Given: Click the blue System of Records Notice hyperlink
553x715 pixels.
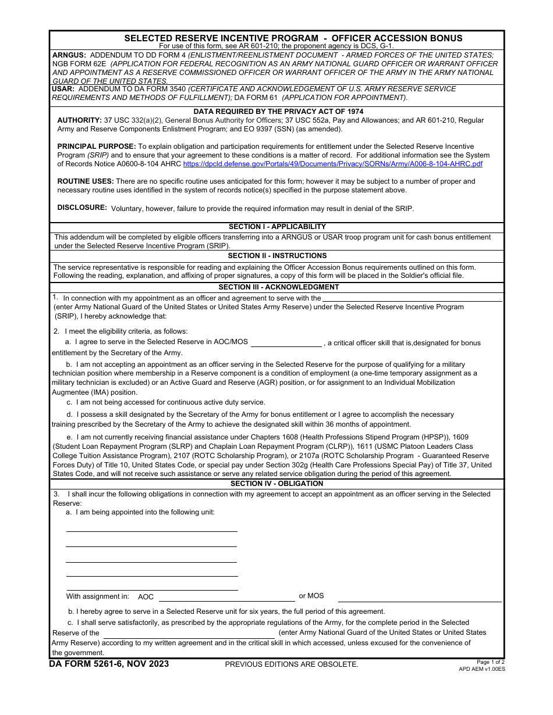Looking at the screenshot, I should coord(332,164).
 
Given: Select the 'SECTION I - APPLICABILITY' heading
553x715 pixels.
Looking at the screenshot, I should coord(277,227).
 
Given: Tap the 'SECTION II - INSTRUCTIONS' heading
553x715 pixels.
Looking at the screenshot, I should coord(277,256).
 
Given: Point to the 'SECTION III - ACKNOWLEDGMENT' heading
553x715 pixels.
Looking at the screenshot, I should coord(278,287).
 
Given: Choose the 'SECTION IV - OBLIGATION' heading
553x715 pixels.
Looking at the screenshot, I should coord(276,484).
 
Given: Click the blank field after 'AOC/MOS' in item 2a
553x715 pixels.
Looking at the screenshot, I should coord(286,342).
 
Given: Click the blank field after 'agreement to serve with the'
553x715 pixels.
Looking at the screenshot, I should coord(412,298).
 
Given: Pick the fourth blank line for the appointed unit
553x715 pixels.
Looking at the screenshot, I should coord(151,572).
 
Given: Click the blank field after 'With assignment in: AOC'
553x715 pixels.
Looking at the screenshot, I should coord(226,597).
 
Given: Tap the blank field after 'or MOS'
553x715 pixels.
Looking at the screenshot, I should coord(419,597).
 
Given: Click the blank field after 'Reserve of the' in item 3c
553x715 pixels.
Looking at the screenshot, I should coord(189,633).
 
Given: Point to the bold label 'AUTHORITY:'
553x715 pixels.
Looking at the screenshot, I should coord(79,120).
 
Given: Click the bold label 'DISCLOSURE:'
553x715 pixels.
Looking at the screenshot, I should coord(82,208).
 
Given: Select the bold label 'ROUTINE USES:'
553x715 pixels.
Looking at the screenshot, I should coord(86,181).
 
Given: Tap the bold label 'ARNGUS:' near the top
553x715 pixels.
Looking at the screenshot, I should coord(69,55).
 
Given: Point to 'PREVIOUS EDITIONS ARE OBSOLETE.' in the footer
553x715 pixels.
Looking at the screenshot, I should coord(292,664).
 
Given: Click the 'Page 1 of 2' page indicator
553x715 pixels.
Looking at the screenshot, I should coord(490,662).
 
